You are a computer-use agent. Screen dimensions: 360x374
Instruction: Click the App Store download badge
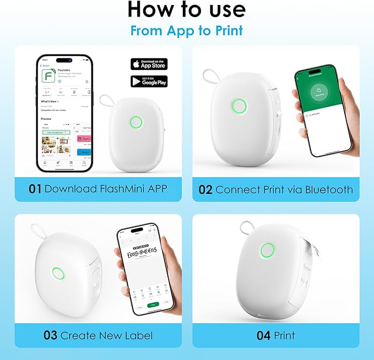point(148,63)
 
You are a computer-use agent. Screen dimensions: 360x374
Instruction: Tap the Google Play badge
point(148,81)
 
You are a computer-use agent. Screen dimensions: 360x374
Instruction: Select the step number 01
point(35,189)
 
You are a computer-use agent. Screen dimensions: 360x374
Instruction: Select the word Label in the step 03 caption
point(139,335)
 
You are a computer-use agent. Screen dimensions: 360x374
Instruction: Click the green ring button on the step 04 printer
point(268,249)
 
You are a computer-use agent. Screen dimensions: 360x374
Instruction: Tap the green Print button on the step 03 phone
point(155,304)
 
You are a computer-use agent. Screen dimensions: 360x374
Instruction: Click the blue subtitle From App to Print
point(187,30)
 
